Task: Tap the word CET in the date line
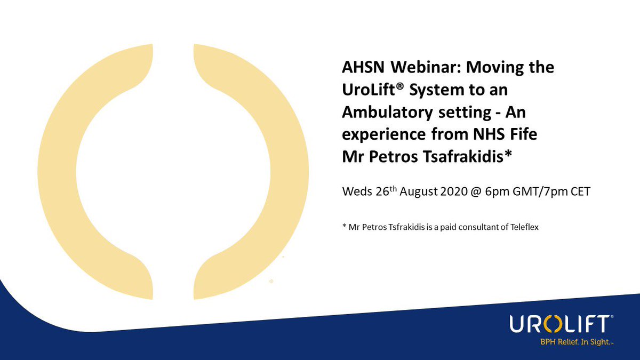coord(580,191)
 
